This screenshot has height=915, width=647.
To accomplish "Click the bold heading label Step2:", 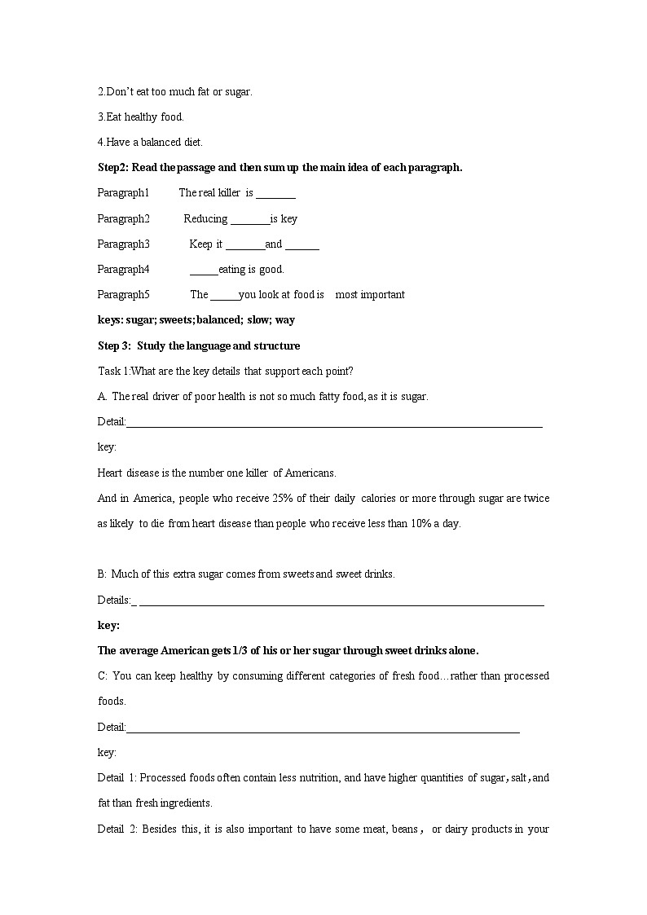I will (112, 168).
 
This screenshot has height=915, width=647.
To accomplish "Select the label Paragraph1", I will (123, 193).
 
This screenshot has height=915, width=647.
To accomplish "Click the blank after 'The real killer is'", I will (276, 194).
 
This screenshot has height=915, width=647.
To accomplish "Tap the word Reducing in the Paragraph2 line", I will (205, 218).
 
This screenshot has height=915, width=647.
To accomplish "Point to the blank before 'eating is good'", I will (204, 270).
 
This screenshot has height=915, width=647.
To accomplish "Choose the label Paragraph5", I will (123, 295).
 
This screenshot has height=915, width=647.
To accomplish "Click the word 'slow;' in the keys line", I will (259, 320).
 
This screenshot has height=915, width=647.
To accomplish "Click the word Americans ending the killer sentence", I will (310, 473).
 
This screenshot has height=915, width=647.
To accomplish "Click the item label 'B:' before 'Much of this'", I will (103, 574).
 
